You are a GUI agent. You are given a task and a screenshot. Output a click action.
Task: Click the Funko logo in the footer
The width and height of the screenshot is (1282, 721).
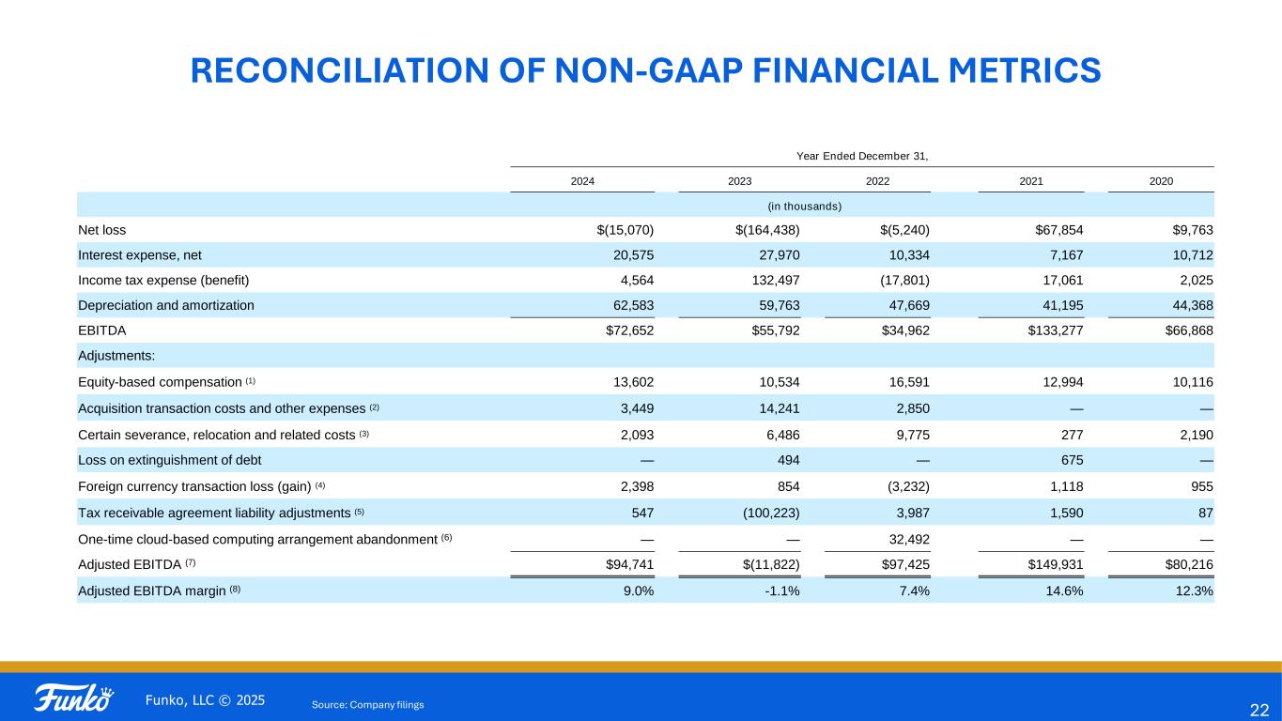(74, 699)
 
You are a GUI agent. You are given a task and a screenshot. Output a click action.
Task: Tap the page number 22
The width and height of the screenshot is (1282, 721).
(1259, 709)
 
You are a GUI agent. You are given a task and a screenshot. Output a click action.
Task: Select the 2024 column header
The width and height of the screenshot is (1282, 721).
(582, 181)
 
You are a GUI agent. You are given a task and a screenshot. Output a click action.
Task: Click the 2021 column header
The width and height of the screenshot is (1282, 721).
(1030, 181)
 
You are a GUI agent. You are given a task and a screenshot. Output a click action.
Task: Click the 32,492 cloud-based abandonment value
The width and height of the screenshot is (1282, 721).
(906, 539)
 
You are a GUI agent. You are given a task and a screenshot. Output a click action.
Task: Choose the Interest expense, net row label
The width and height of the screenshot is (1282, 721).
(140, 255)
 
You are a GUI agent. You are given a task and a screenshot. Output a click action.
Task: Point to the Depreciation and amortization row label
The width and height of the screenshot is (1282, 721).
(165, 305)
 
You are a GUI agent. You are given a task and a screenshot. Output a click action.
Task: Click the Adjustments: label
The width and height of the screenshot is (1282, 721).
(117, 356)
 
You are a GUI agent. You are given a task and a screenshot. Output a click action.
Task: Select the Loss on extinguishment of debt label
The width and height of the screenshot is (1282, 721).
(170, 460)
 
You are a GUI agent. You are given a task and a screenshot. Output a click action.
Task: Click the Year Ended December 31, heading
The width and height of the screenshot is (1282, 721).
(862, 156)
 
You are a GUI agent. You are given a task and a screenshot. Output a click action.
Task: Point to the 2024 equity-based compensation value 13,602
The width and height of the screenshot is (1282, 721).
(631, 382)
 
